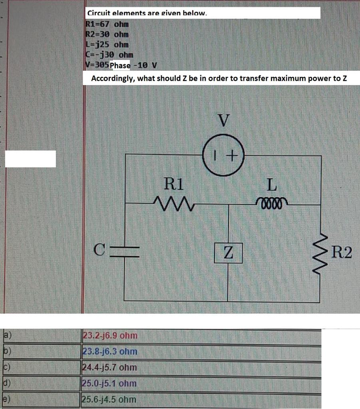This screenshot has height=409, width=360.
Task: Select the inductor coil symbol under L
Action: click(x=272, y=200)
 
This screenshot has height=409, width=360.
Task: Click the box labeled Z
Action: click(x=228, y=252)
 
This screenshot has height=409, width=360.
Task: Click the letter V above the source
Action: click(x=224, y=120)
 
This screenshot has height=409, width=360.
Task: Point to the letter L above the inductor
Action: click(x=272, y=184)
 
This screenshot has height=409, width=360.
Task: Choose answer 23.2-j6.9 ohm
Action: click(x=109, y=335)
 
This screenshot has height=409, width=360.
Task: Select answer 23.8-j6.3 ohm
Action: click(x=109, y=351)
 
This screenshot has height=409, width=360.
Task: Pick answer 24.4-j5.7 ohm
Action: click(x=109, y=367)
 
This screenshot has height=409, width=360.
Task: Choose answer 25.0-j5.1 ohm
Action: click(x=109, y=383)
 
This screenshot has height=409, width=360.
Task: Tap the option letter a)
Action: click(x=8, y=335)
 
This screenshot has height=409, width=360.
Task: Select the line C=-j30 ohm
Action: click(x=109, y=54)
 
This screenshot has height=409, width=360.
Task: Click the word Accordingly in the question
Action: click(x=113, y=78)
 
